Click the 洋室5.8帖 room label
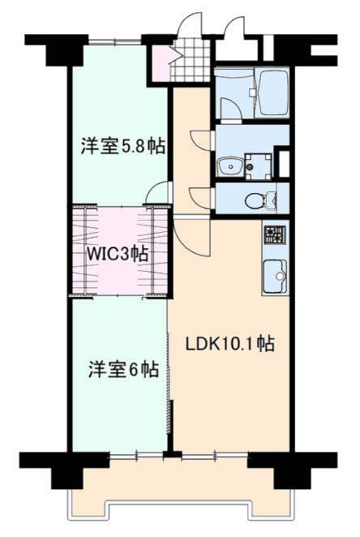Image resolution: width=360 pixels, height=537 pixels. click(123, 146)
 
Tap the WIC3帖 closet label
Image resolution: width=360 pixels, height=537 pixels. click(118, 253)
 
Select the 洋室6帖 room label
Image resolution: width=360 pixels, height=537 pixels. click(123, 369)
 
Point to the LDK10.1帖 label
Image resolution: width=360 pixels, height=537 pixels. click(230, 343)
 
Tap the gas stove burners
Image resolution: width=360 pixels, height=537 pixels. click(274, 234)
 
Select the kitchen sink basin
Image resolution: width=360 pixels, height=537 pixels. click(275, 275)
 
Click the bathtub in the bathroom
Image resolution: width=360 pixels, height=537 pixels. click(272, 92)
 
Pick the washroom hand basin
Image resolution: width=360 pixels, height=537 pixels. click(230, 167)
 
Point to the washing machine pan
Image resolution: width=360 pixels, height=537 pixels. click(259, 166)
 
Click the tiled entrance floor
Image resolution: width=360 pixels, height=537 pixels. click(190, 60)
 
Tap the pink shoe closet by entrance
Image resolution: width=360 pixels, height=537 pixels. click(161, 63)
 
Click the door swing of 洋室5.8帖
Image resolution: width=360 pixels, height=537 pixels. click(157, 193)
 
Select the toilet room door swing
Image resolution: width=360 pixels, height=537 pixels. click(201, 198)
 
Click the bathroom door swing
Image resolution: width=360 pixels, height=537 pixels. click(231, 110)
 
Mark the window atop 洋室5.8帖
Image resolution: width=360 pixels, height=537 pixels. click(115, 42)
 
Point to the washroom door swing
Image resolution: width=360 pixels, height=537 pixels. click(201, 140)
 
